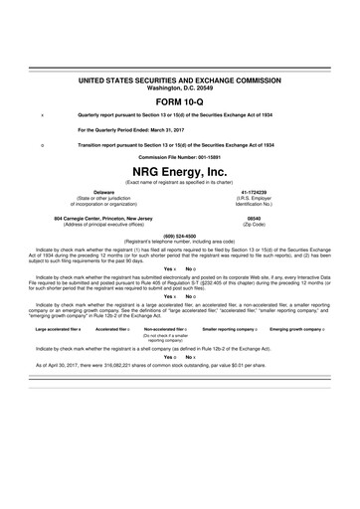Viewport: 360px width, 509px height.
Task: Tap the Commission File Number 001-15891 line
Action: (180, 157)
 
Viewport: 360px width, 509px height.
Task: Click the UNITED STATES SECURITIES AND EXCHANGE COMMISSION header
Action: (179, 78)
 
